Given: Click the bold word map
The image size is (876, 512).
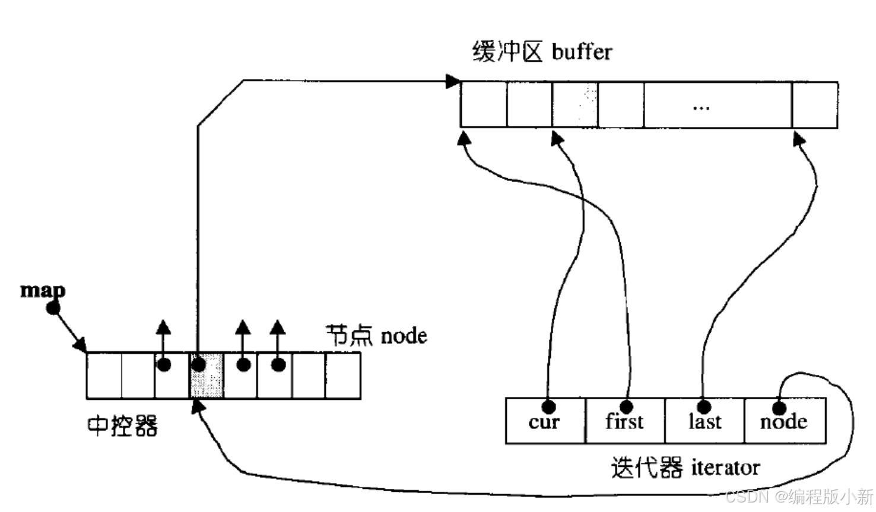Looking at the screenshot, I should [x=42, y=290].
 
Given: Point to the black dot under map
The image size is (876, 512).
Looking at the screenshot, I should [x=53, y=309].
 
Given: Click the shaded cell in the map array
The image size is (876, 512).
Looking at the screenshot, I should [x=207, y=376].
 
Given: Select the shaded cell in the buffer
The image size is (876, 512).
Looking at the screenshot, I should [x=575, y=105].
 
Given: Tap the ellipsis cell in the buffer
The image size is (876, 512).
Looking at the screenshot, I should [x=718, y=105].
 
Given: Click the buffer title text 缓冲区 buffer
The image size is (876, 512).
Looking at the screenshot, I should [x=541, y=52].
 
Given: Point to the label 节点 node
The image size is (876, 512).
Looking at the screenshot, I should [x=376, y=336].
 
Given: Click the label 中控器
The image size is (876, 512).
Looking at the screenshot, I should [x=122, y=426].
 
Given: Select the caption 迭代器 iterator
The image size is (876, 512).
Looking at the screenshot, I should [x=685, y=468].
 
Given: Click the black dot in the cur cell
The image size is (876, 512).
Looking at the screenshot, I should [x=549, y=406].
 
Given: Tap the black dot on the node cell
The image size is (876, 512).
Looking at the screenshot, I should [x=779, y=408].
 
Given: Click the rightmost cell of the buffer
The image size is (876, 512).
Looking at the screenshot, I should [x=815, y=105].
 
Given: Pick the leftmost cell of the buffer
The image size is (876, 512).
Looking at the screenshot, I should [x=484, y=105].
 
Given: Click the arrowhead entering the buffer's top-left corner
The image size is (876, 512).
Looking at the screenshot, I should [x=453, y=81].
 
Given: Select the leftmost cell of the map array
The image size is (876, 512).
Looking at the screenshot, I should [x=104, y=376].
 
